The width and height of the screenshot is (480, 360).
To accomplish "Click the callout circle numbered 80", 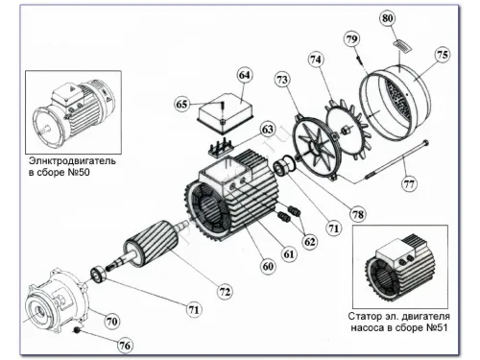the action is (388, 18).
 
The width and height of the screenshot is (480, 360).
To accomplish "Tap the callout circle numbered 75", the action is (443, 55).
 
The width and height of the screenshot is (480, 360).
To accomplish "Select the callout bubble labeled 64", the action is (245, 75).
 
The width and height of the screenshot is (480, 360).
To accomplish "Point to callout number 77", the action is (409, 184).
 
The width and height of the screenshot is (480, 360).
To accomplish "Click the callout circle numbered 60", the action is (268, 266).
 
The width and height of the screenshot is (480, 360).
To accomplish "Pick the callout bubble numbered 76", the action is (125, 346).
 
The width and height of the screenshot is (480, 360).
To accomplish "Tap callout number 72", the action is (225, 292).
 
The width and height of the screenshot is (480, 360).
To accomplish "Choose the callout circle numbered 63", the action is (268, 130).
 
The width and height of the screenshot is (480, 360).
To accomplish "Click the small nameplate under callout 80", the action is (402, 46).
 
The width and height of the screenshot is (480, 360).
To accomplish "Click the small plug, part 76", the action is (77, 330).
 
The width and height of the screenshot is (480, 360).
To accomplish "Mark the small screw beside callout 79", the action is (360, 60).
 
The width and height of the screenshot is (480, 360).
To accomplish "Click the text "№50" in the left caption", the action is (79, 173).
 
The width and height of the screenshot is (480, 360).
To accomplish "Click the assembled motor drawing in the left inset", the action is (74, 113).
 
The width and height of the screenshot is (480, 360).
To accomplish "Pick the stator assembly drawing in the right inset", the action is (399, 271).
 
